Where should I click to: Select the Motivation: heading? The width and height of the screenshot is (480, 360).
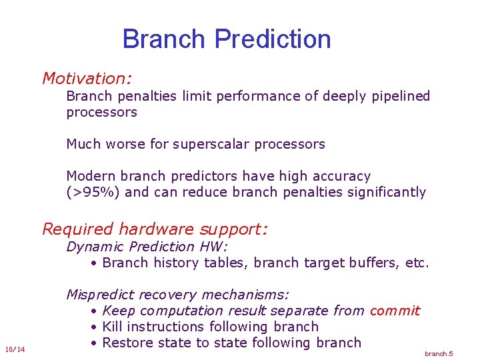(87, 79)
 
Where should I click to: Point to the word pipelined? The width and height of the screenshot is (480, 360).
(401, 96)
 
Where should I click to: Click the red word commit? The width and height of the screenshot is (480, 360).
(395, 311)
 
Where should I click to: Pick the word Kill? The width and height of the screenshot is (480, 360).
(114, 327)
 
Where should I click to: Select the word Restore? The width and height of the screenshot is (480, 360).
(129, 343)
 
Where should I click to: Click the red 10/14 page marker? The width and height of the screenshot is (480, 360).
(14, 349)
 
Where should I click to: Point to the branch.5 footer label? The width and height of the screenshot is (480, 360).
(439, 353)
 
